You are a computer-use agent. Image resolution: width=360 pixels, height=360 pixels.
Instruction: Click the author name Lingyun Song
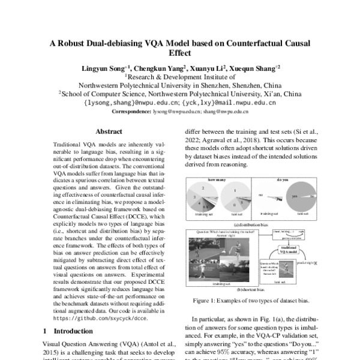pyautogui.click(x=106, y=69)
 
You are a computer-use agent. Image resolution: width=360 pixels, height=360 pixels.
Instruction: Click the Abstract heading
pyautogui.click(x=109, y=131)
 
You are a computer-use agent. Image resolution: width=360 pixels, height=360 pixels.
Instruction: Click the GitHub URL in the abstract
pyautogui.click(x=95, y=319)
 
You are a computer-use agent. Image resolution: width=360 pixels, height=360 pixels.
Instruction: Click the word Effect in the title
pyautogui.click(x=180, y=53)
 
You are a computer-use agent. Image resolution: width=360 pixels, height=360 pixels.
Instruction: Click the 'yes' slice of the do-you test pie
pyautogui.click(x=295, y=196)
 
